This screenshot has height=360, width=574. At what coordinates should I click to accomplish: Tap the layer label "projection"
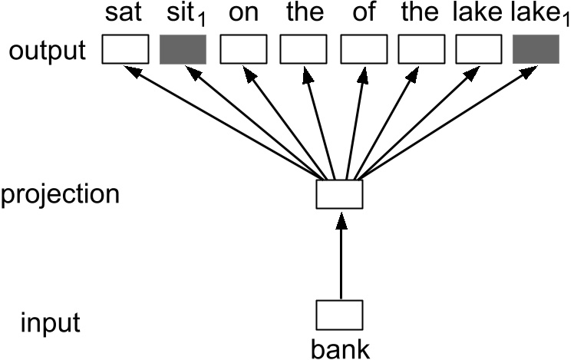tap(60, 193)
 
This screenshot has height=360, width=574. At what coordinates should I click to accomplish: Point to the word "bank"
tap(339, 349)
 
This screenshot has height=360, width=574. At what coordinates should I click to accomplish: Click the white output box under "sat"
tap(125, 51)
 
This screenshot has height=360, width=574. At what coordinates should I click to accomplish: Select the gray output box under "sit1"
tap(183, 51)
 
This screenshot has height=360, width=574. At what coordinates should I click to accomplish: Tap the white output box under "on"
tap(242, 51)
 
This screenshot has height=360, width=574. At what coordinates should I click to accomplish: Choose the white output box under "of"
tap(361, 51)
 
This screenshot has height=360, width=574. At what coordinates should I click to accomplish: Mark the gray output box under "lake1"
tap(536, 51)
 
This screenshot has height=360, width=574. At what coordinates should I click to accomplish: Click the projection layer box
tap(339, 193)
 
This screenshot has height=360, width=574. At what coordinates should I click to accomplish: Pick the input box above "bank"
tap(339, 314)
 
